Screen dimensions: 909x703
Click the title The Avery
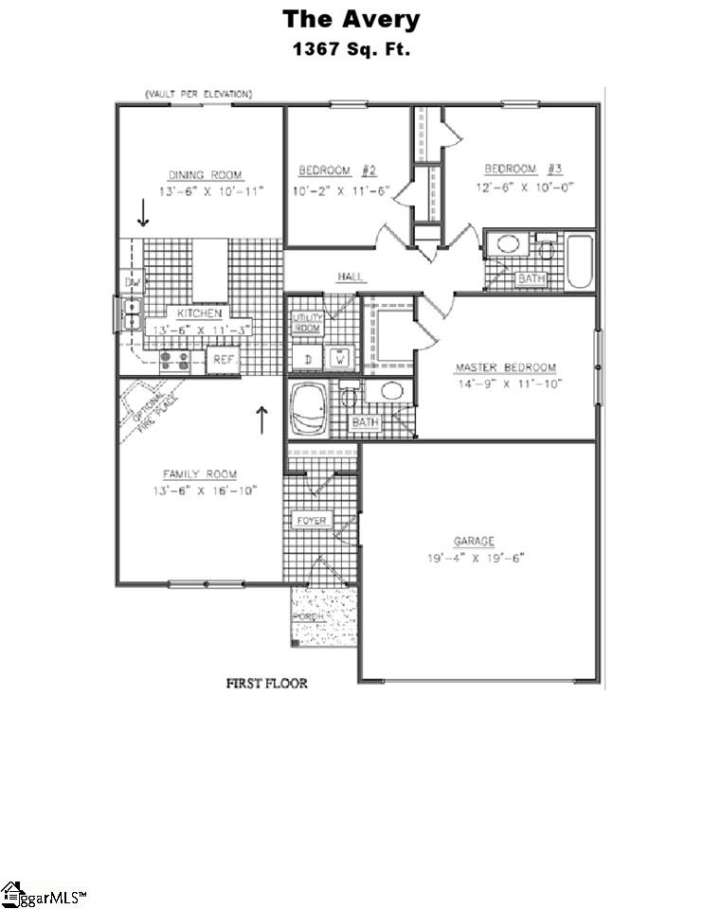(x=351, y=19)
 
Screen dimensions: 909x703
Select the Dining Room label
(x=205, y=174)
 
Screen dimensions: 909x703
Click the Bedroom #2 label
(x=338, y=170)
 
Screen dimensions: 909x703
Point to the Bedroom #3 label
(x=524, y=169)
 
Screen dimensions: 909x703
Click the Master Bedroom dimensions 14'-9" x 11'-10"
(x=505, y=383)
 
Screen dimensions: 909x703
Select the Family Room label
(x=199, y=474)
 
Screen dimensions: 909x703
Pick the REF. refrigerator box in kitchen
(x=224, y=360)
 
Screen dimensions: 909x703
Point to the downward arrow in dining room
(x=143, y=212)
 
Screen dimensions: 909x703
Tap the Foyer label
(x=311, y=522)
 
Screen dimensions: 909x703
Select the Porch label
(x=308, y=616)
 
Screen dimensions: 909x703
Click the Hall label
(x=351, y=276)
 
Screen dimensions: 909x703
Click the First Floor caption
(x=265, y=683)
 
